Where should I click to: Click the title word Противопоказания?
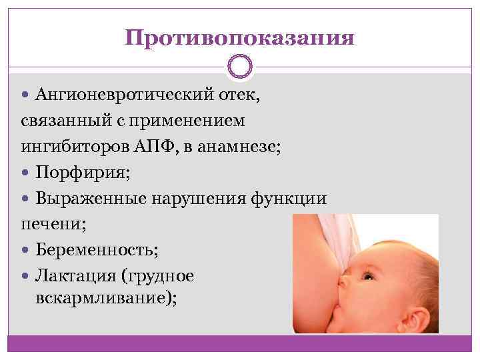(239, 37)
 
